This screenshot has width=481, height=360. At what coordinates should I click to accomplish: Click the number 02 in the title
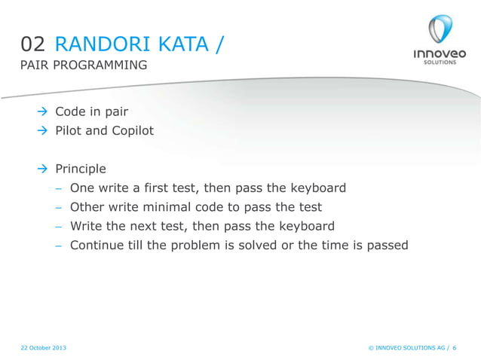tap(33, 46)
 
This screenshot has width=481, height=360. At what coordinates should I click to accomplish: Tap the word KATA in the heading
tap(183, 46)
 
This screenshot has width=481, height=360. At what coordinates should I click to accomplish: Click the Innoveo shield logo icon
tap(440, 30)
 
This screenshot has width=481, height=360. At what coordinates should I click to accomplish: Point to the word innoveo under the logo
tap(440, 54)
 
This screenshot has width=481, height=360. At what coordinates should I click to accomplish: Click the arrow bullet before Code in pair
tap(43, 113)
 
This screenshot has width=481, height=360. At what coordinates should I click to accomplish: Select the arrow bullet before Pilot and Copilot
tap(43, 131)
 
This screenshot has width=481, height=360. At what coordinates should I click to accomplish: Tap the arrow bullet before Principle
tap(43, 169)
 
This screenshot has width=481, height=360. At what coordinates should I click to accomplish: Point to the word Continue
tap(97, 245)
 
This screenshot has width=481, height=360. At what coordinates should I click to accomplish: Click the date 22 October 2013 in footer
tap(43, 347)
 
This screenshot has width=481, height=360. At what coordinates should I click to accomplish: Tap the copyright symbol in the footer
tap(371, 347)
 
